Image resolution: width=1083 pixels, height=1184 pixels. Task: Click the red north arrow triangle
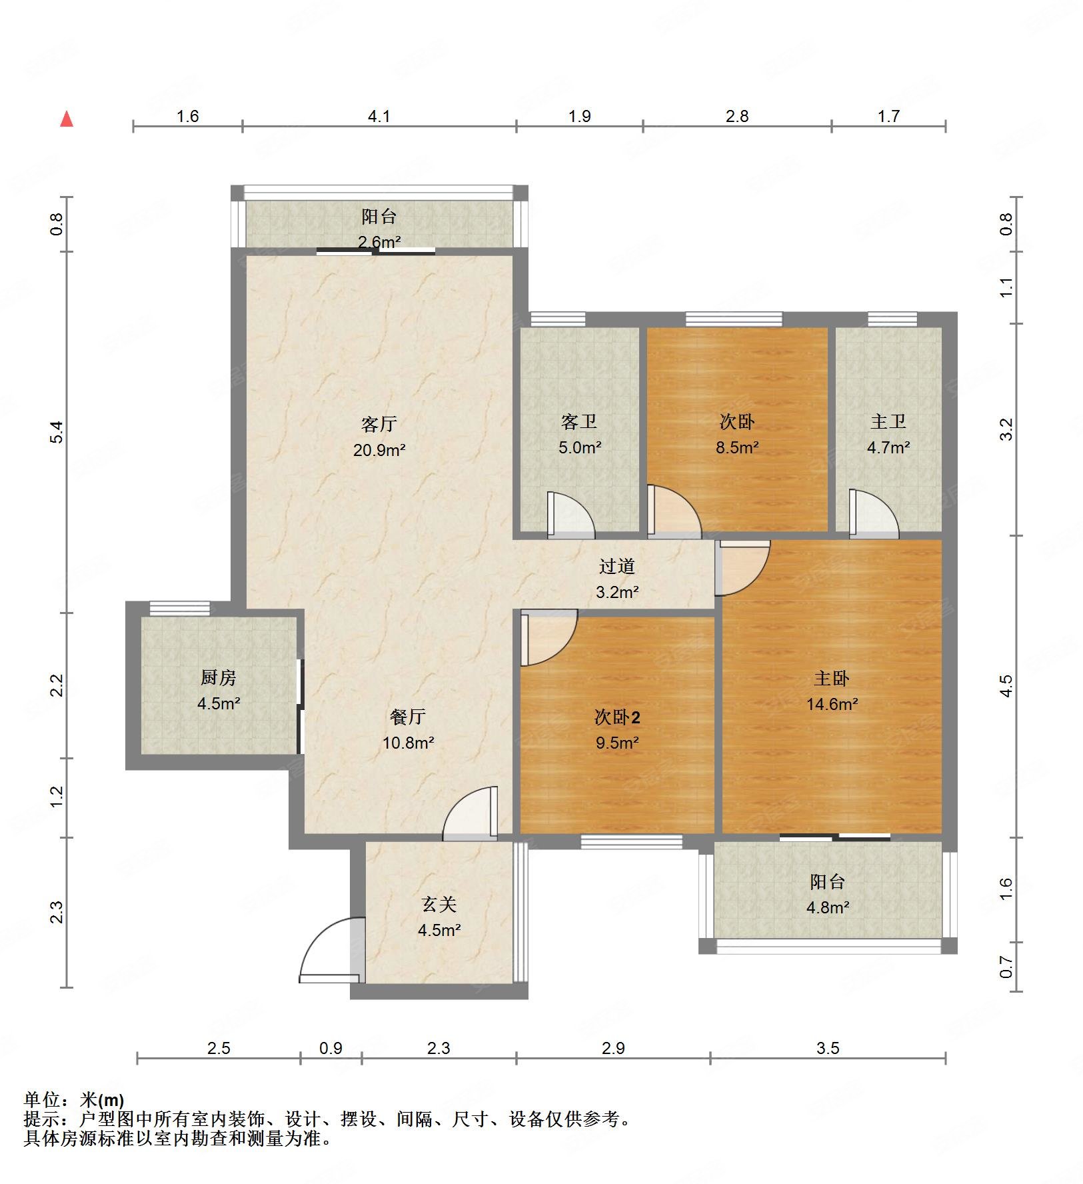pyautogui.click(x=67, y=119)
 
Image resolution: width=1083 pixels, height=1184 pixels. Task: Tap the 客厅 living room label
pyautogui.click(x=379, y=424)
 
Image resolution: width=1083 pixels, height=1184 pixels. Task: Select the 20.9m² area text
pyautogui.click(x=379, y=450)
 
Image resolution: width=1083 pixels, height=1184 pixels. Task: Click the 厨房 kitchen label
pyautogui.click(x=219, y=678)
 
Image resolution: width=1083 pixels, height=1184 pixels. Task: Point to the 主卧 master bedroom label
pyautogui.click(x=831, y=679)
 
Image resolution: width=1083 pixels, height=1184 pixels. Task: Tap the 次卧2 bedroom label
pyautogui.click(x=617, y=717)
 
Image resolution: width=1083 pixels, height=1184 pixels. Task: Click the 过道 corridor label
pyautogui.click(x=616, y=566)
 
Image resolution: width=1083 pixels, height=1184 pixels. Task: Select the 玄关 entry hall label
pyautogui.click(x=439, y=905)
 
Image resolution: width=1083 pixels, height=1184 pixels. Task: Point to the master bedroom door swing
pyautogui.click(x=742, y=567)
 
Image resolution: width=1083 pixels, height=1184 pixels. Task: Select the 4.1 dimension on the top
pyautogui.click(x=379, y=117)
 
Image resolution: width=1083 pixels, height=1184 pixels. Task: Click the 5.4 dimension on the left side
pyautogui.click(x=57, y=432)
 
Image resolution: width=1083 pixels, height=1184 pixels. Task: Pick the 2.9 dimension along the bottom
pyautogui.click(x=613, y=1049)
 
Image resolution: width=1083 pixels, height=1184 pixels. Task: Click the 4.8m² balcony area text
pyautogui.click(x=827, y=907)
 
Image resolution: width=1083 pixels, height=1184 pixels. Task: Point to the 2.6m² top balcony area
pyautogui.click(x=379, y=242)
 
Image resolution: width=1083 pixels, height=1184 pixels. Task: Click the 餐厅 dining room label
pyautogui.click(x=408, y=717)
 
